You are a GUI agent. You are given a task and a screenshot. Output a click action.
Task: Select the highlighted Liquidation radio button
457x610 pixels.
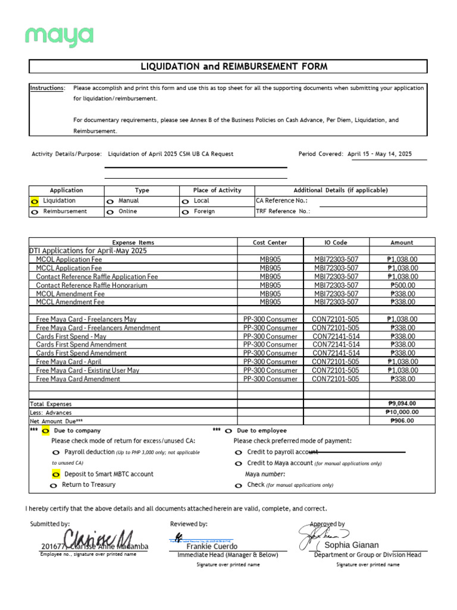tap(34, 201)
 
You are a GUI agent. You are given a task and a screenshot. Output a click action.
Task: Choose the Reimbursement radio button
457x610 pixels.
tap(34, 212)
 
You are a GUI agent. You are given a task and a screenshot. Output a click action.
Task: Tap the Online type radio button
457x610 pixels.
tap(110, 212)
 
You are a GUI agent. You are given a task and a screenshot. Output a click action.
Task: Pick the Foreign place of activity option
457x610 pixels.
tap(186, 212)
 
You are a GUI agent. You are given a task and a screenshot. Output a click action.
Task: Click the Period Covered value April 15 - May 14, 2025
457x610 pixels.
tap(379, 154)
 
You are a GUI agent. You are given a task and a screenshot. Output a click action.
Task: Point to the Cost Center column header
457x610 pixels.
tap(270, 242)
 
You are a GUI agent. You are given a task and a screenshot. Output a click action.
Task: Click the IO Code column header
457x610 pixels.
tap(336, 242)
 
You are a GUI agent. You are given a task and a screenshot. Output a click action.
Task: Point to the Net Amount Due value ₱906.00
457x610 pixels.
tap(402, 421)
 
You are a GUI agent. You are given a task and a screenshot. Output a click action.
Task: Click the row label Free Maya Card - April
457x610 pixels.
tap(69, 362)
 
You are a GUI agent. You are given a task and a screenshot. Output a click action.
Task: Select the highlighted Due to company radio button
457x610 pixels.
tap(46, 431)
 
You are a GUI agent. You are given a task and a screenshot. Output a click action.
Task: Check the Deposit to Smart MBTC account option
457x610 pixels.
tap(56, 474)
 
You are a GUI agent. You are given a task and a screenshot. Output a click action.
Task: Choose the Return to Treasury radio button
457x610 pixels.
tap(54, 485)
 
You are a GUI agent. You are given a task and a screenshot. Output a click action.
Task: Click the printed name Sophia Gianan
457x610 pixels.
tap(351, 545)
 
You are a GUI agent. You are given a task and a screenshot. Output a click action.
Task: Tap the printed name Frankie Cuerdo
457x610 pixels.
tap(212, 546)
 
